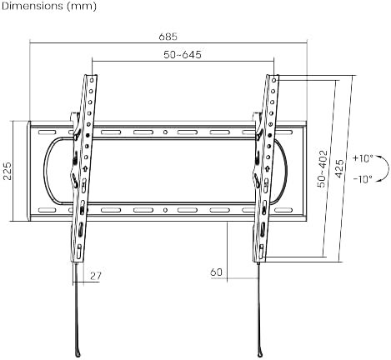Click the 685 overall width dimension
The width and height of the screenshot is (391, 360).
(168, 37)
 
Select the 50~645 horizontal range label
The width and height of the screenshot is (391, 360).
(183, 54)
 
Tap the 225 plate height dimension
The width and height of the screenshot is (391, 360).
(8, 171)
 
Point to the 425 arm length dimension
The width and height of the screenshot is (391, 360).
(339, 168)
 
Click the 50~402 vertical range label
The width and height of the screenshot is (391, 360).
(323, 168)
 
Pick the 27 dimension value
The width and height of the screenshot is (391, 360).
(96, 276)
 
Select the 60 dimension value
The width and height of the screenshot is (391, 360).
(217, 272)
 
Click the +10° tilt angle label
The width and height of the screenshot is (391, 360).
(363, 158)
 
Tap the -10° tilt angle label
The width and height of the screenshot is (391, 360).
(363, 179)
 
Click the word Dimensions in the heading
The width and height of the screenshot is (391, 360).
(33, 6)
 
